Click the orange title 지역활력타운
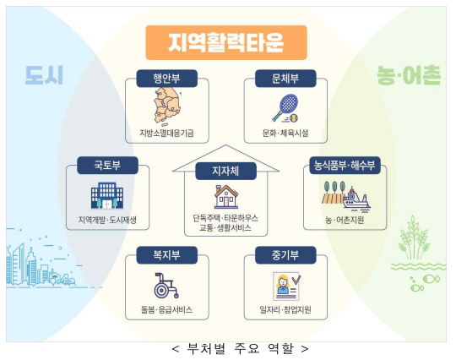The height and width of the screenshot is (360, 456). [x=226, y=42]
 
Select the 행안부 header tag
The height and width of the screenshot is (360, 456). [x=167, y=79]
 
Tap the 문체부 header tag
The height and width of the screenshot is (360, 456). [x=285, y=79]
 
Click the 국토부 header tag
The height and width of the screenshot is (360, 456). [x=107, y=166]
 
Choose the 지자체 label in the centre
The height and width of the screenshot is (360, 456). [x=225, y=171]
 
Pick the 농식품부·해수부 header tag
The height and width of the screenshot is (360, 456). [x=345, y=166]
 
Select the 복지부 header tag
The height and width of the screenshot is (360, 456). [x=167, y=255]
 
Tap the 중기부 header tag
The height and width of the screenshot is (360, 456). [x=285, y=255]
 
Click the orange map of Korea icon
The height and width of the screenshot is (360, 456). [x=167, y=106]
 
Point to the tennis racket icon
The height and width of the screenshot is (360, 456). [x=285, y=108]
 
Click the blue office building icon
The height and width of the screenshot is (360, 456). [x=107, y=195]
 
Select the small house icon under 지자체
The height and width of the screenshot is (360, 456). [x=226, y=197]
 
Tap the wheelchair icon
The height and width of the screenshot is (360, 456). [x=166, y=286]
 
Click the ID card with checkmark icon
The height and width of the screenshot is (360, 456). [x=286, y=286]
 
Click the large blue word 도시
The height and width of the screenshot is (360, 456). [x=44, y=75]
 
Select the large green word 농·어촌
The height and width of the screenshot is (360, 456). [x=409, y=75]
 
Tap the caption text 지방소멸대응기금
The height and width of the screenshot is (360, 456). [x=166, y=133]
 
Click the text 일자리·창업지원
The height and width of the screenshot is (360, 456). [x=285, y=309]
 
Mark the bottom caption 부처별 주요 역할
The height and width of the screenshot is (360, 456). [x=240, y=348]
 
